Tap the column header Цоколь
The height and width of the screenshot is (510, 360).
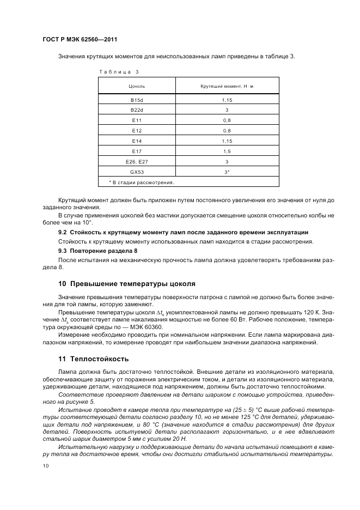pyautogui.click(x=136, y=87)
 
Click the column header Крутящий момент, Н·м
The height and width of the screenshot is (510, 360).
pyautogui.click(x=227, y=87)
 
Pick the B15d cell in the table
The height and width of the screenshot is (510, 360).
pyautogui.click(x=136, y=100)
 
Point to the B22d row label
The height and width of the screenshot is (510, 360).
pyautogui.click(x=136, y=110)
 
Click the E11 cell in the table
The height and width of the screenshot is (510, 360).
pyautogui.click(x=136, y=120)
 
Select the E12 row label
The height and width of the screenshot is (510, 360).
pyautogui.click(x=136, y=131)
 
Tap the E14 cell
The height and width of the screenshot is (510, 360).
pyautogui.click(x=136, y=141)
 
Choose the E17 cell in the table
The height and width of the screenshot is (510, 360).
pyautogui.click(x=136, y=151)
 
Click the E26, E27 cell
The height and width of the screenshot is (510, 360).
pyautogui.click(x=136, y=161)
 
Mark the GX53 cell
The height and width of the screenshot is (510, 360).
pyautogui.click(x=136, y=172)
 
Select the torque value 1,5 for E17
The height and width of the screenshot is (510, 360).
pyautogui.click(x=227, y=151)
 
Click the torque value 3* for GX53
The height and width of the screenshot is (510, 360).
pyautogui.click(x=227, y=172)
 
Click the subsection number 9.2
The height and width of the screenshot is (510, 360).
pyautogui.click(x=62, y=232)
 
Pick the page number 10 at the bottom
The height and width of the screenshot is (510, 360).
pyautogui.click(x=46, y=466)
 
